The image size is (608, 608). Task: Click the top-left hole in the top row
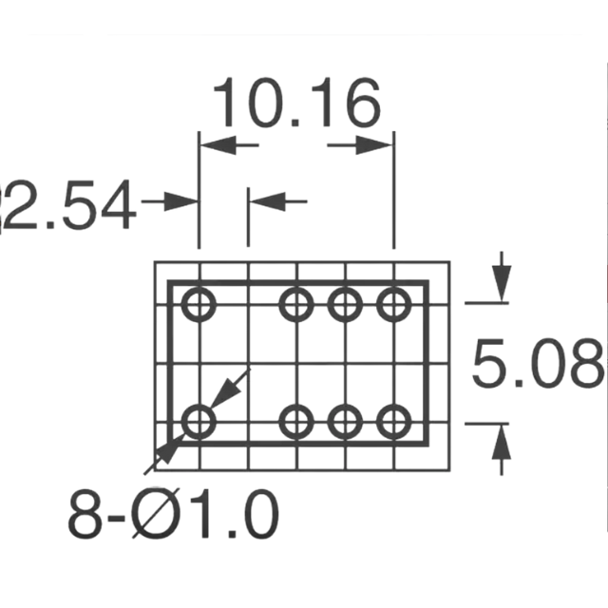click(199, 305)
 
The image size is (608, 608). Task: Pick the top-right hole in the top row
click(392, 305)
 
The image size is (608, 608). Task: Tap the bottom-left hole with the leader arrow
click(199, 421)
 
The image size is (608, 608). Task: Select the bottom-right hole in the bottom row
click(392, 421)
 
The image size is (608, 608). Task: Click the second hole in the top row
click(296, 305)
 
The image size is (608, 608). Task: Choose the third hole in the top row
click(345, 305)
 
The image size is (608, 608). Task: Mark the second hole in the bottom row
click(296, 421)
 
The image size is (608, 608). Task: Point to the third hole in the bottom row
click(345, 421)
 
